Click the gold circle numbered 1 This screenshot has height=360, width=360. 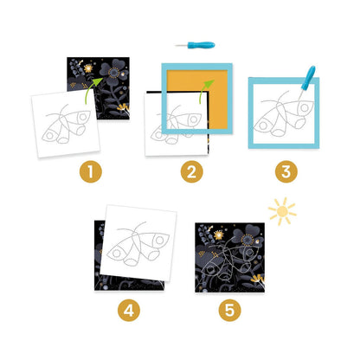91,171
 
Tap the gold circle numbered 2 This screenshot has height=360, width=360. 192,171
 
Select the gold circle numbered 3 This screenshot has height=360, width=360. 286,171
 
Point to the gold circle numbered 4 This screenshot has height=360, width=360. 129,311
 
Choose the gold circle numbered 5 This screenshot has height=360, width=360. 229,311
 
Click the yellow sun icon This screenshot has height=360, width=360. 282,211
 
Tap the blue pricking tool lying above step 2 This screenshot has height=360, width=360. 196,45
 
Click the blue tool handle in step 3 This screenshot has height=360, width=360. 308,77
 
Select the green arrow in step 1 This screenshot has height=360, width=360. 93,89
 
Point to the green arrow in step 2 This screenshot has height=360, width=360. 205,90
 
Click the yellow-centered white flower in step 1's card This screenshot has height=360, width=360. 88,68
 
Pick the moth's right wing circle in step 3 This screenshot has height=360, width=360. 304,108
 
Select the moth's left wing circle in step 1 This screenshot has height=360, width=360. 49,135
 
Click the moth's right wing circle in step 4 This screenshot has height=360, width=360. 159,240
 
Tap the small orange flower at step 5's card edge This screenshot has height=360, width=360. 258,279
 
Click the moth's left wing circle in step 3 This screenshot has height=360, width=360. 263,125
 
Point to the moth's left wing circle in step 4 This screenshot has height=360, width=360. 116,254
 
